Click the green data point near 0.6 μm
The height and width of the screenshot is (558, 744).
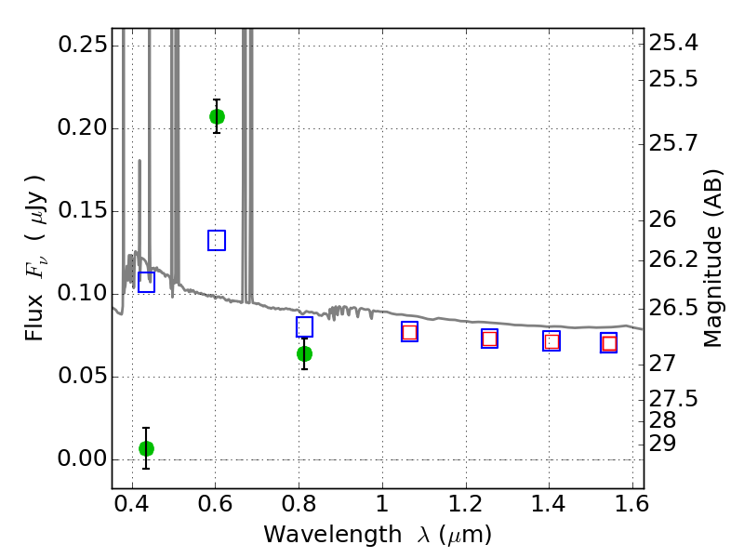pyautogui.click(x=217, y=116)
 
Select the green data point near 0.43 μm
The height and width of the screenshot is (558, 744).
pyautogui.click(x=146, y=448)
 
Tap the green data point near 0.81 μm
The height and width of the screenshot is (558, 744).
pyautogui.click(x=304, y=353)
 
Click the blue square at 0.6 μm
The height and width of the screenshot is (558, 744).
pyautogui.click(x=217, y=240)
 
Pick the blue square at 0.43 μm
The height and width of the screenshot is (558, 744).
pyautogui.click(x=146, y=282)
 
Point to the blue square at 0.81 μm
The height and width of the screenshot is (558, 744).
pyautogui.click(x=304, y=327)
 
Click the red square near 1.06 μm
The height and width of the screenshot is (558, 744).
pyautogui.click(x=409, y=332)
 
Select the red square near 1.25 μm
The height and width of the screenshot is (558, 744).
pyautogui.click(x=489, y=339)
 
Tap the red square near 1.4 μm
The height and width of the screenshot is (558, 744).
pyautogui.click(x=551, y=341)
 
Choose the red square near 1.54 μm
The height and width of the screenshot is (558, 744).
pyautogui.click(x=609, y=343)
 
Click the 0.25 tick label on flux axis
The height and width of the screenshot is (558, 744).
pyautogui.click(x=83, y=45)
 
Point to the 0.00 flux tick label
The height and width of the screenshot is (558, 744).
pyautogui.click(x=83, y=458)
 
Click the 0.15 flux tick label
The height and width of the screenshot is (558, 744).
pyautogui.click(x=83, y=211)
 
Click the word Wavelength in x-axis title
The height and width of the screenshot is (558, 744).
pyautogui.click(x=333, y=535)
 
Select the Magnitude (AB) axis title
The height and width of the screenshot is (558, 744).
pyautogui.click(x=711, y=259)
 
